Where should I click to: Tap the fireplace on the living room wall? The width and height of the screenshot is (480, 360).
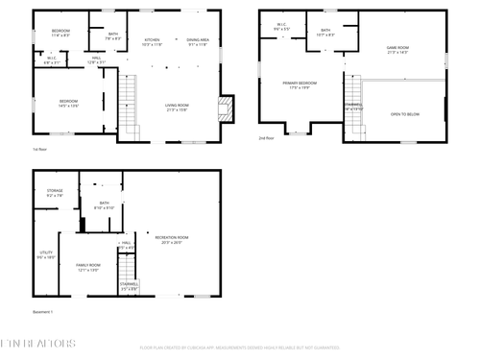[226, 106]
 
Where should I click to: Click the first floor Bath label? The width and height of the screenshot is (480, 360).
[113, 36]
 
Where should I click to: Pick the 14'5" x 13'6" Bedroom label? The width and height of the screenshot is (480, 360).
[68, 103]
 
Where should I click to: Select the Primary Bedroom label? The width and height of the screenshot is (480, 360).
[300, 85]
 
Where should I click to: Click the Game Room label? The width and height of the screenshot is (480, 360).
[397, 49]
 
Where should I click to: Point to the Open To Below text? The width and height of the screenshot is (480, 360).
[404, 113]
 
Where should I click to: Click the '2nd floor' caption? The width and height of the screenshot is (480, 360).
[267, 138]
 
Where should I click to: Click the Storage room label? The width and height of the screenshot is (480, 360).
[55, 193]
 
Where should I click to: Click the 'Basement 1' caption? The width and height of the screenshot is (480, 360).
[44, 312]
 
